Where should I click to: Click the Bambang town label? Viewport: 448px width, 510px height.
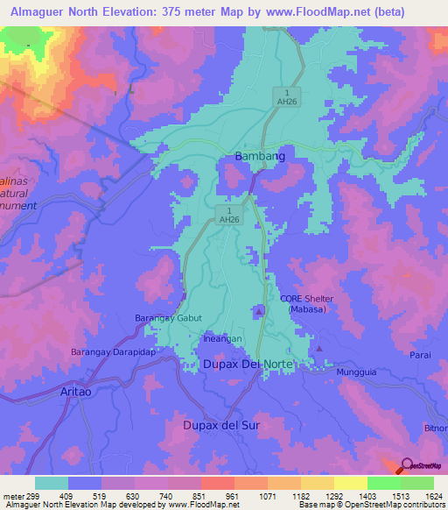[x=261, y=157]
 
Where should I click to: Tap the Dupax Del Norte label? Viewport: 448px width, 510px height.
[x=250, y=364]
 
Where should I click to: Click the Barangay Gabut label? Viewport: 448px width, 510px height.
[x=169, y=318]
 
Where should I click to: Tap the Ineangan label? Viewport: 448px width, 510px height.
[x=222, y=337]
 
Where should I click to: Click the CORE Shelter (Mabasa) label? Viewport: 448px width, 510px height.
[x=307, y=304]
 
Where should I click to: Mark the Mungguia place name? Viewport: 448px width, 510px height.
[x=358, y=372]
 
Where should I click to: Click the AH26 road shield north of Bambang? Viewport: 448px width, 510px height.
[x=290, y=97]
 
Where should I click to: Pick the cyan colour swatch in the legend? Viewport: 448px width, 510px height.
[x=52, y=483]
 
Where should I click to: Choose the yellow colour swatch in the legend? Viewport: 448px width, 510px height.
[x=350, y=483]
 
